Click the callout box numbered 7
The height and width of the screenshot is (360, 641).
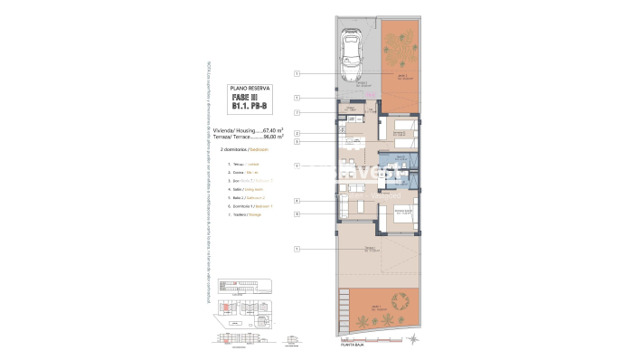(x=297, y=112)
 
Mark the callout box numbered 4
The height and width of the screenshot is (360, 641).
(x=297, y=201)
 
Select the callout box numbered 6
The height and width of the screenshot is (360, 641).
(x=297, y=213)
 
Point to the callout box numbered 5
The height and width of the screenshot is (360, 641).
(x=297, y=142)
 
